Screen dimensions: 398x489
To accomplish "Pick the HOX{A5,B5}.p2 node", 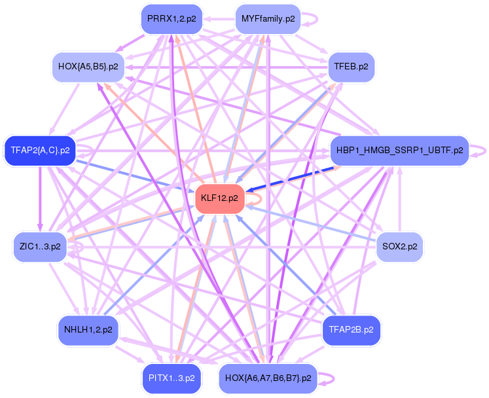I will tap(88, 67).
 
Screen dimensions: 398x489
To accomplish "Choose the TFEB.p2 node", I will tap(351, 67).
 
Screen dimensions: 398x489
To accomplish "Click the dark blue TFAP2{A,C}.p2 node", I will tap(40, 150).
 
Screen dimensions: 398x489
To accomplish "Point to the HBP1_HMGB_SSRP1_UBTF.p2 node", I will tap(399, 150).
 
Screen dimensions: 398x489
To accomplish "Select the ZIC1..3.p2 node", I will tap(40, 247).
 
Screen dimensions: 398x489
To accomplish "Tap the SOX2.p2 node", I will tap(400, 247).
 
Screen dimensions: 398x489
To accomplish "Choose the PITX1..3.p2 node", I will tap(171, 378).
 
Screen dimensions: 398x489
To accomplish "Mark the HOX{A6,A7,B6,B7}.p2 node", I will tap(267, 378).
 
